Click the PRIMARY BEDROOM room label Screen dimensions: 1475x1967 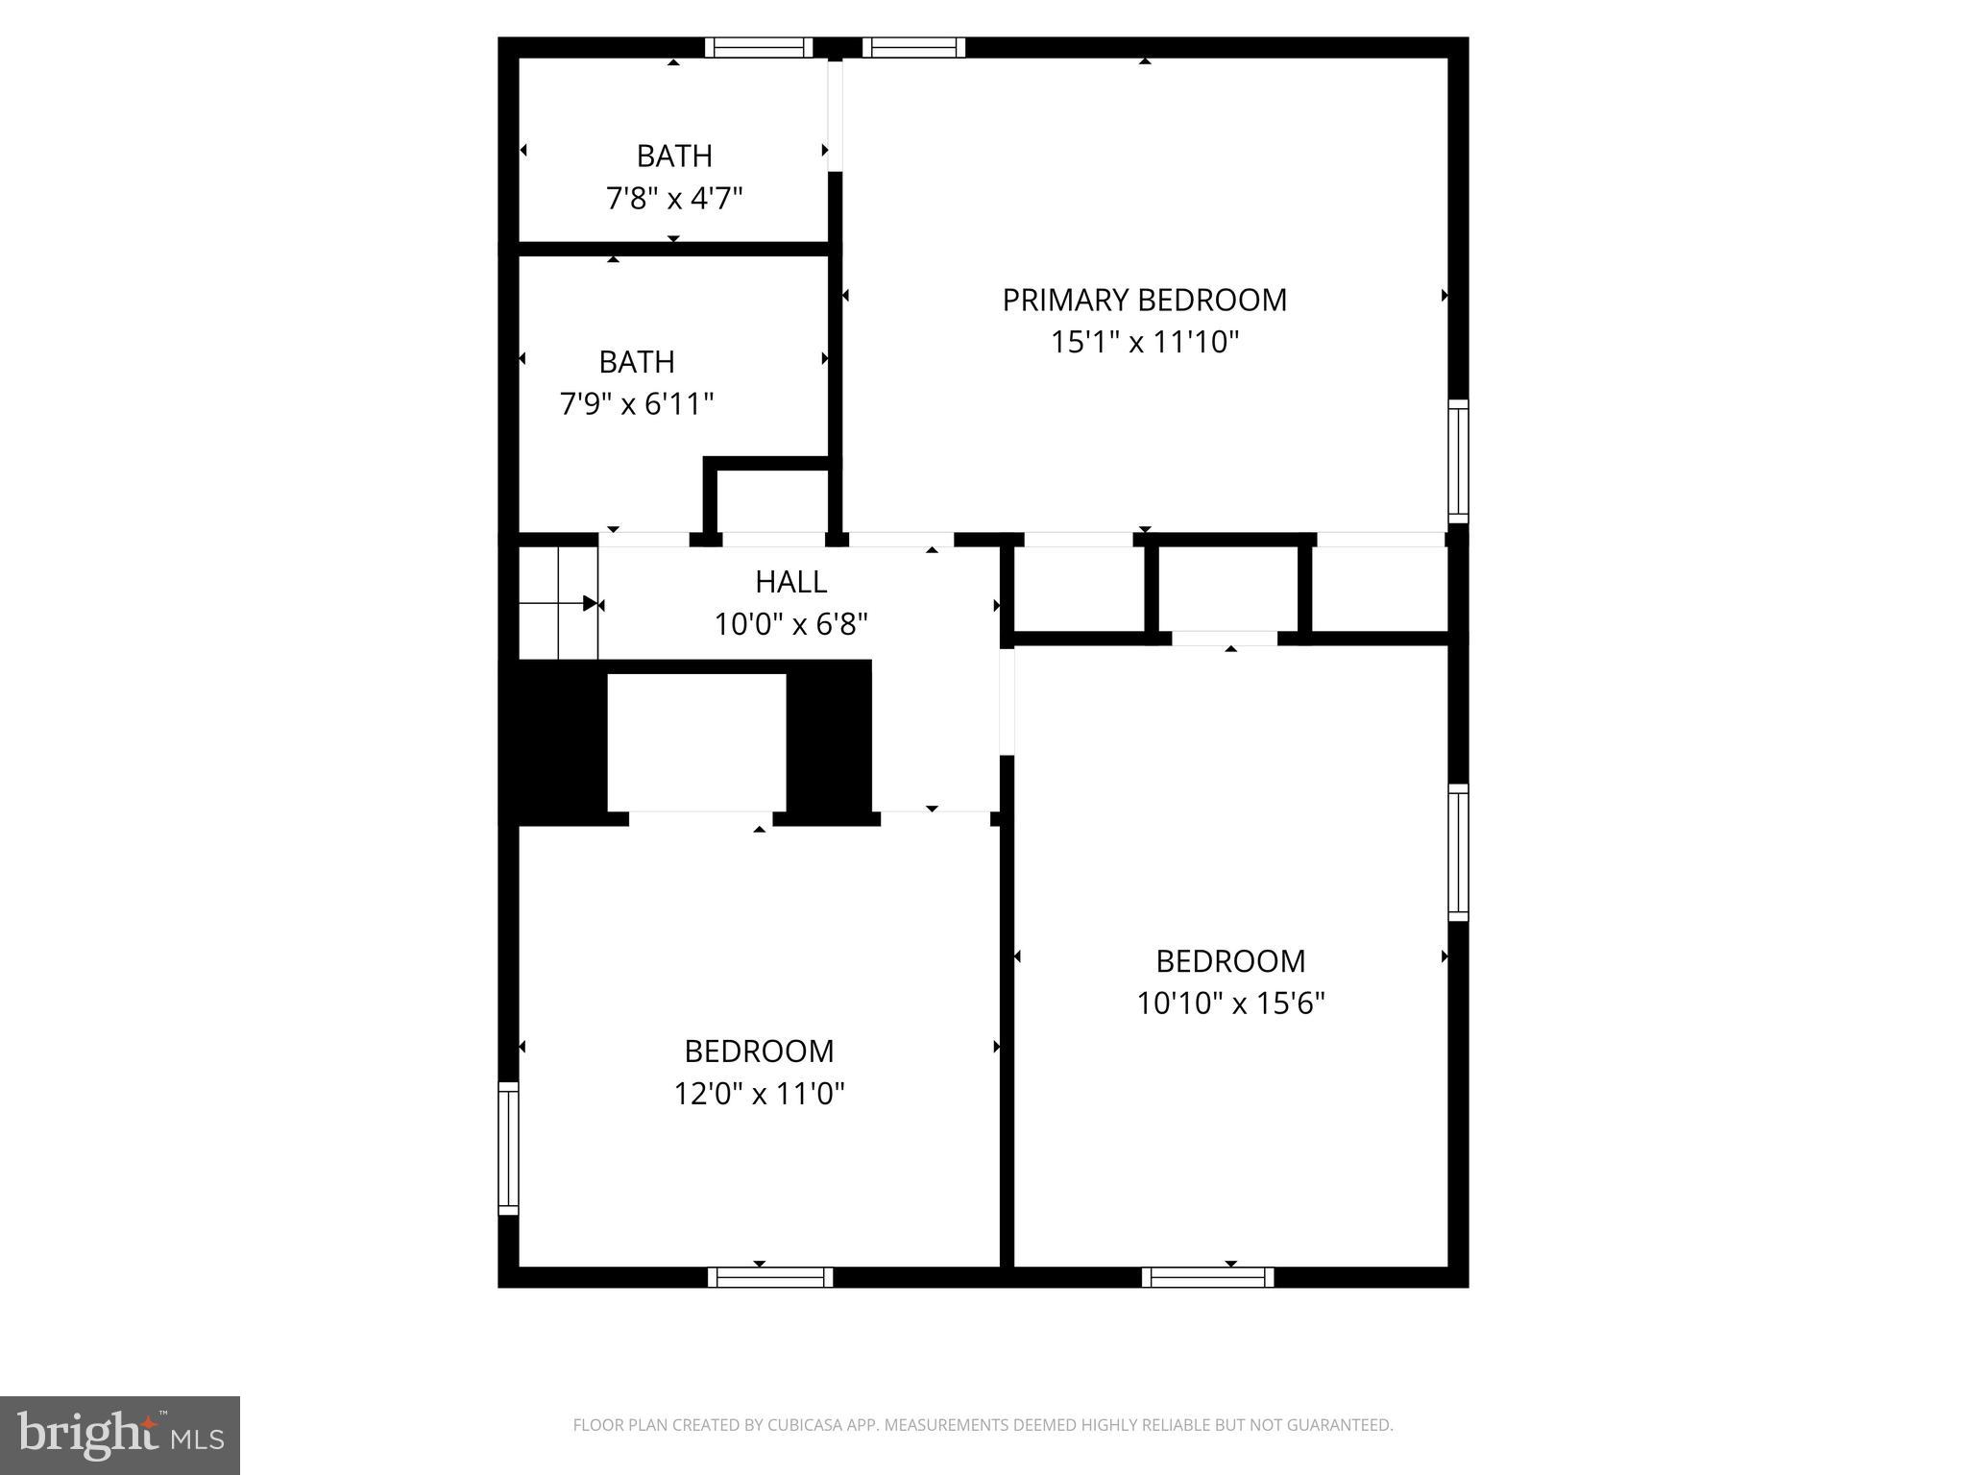[1144, 301]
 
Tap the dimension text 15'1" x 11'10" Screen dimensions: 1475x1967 [1144, 342]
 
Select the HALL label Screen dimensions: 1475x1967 [790, 582]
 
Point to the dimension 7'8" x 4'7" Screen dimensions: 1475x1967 [674, 199]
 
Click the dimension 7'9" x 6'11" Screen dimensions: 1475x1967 [637, 403]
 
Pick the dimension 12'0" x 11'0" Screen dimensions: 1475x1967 [759, 1093]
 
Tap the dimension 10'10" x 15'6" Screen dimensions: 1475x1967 [1230, 1003]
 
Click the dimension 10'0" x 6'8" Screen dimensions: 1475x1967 [790, 625]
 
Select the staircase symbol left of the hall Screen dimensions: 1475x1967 [558, 603]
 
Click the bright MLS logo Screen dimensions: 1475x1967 [120, 1435]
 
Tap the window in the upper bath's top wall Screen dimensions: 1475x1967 [759, 48]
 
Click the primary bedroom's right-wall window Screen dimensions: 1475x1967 [1458, 461]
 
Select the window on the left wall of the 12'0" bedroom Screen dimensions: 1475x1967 [508, 1149]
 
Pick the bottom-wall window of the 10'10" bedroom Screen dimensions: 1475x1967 [1207, 1277]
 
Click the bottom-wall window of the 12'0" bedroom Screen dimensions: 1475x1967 [770, 1277]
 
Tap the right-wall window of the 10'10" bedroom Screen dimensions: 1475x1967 [1458, 853]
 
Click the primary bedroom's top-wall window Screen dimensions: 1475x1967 [913, 48]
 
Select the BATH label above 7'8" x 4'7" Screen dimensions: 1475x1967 [674, 156]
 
